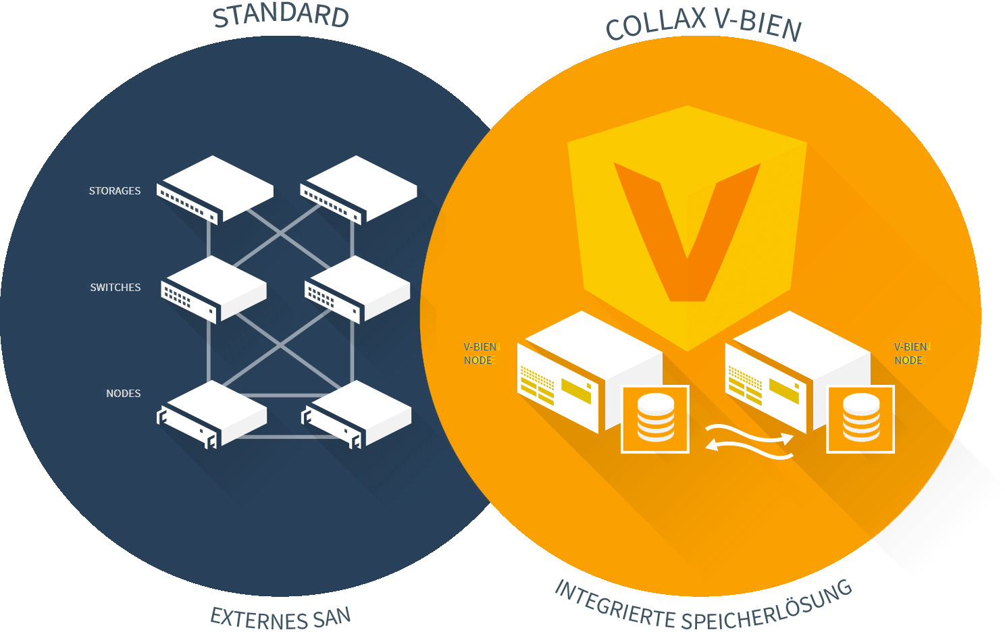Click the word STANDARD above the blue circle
coord(280,16)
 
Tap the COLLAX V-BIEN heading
coord(703,24)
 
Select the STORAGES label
coord(115,191)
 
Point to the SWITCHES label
coord(115,288)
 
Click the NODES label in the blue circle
coord(124,394)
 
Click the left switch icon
coord(213,288)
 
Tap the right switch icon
coord(357,288)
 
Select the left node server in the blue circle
coord(212,413)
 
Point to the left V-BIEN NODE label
coord(480,354)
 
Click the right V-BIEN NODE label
coord(910,354)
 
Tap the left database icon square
coord(654,419)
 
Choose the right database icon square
coord(860,419)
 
